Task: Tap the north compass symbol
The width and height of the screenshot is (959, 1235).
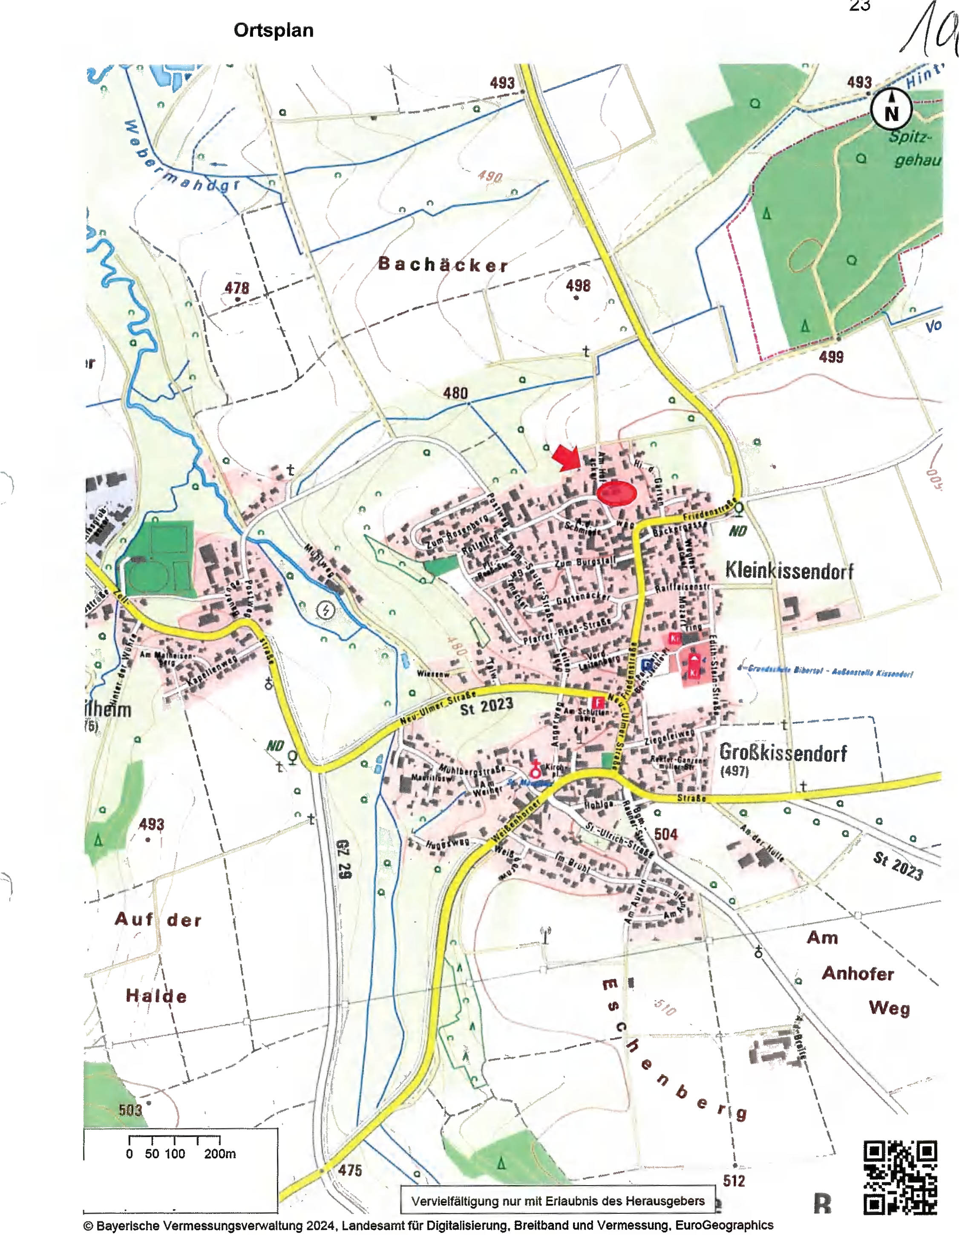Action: [890, 111]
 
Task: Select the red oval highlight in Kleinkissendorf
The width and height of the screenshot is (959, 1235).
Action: [616, 493]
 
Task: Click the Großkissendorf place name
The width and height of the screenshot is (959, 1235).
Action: [783, 753]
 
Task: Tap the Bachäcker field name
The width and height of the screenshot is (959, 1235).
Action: [443, 264]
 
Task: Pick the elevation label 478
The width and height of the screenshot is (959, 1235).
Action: [237, 288]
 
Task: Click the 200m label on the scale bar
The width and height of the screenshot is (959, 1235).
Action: [220, 1154]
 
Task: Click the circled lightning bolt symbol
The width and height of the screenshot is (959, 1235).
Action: [325, 610]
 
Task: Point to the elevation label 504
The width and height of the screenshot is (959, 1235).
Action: [665, 834]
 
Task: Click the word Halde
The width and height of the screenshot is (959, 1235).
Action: [156, 996]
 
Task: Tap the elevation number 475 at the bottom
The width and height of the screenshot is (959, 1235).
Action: [349, 1170]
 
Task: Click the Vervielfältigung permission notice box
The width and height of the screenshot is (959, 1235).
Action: [558, 1200]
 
